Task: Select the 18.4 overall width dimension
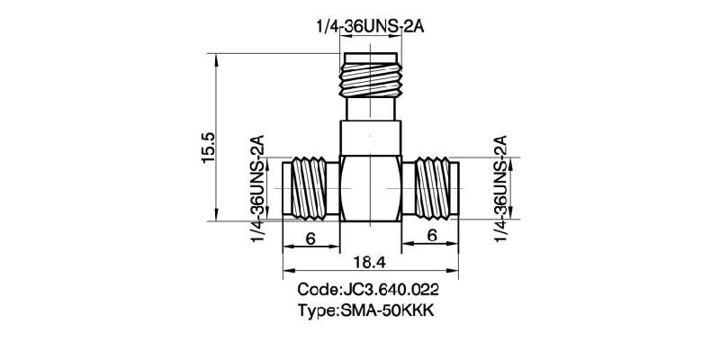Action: pos(371,261)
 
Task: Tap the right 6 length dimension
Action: pos(432,236)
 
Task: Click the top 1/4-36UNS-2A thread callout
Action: pos(370,28)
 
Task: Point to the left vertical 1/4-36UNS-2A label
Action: pos(258,187)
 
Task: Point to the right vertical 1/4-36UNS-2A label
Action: pos(501,187)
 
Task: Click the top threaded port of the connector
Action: pos(370,76)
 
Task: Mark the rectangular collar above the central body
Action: pos(370,139)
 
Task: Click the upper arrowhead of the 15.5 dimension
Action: pos(218,59)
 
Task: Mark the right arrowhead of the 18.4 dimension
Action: pos(456,269)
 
